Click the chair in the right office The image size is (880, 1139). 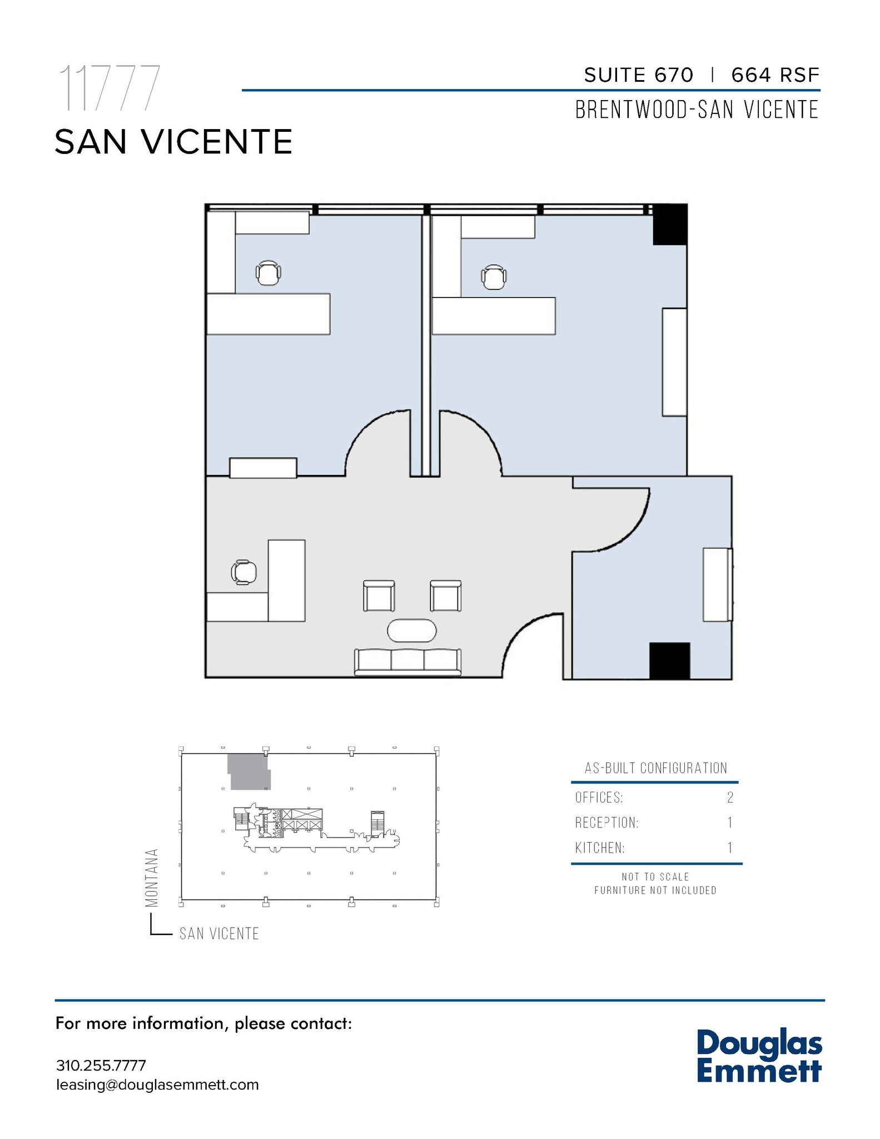pyautogui.click(x=494, y=277)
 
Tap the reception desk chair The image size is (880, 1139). pyautogui.click(x=244, y=572)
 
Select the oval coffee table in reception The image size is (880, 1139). pyautogui.click(x=411, y=631)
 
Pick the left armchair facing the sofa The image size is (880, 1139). pyautogui.click(x=379, y=596)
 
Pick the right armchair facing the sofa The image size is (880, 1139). pyautogui.click(x=446, y=596)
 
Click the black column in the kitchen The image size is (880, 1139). pyautogui.click(x=669, y=661)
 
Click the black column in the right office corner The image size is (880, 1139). pyautogui.click(x=670, y=225)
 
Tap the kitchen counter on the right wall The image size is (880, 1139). pyautogui.click(x=717, y=585)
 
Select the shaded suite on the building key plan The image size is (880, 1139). pyautogui.click(x=248, y=772)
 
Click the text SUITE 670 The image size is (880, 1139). pyautogui.click(x=639, y=75)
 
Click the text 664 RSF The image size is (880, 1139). pyautogui.click(x=775, y=75)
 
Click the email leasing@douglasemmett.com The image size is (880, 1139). pyautogui.click(x=157, y=1084)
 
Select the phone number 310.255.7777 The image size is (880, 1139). pyautogui.click(x=101, y=1065)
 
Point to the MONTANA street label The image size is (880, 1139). pyautogui.click(x=152, y=877)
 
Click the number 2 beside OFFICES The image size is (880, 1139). pyautogui.click(x=730, y=798)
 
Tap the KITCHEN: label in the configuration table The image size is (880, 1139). pyautogui.click(x=600, y=848)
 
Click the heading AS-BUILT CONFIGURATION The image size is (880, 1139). pyautogui.click(x=655, y=768)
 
